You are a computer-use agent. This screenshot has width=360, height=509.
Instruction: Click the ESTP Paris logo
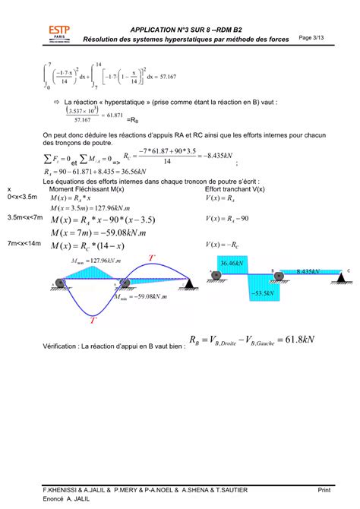coord(59,33)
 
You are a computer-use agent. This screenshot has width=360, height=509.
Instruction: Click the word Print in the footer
coord(324,488)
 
